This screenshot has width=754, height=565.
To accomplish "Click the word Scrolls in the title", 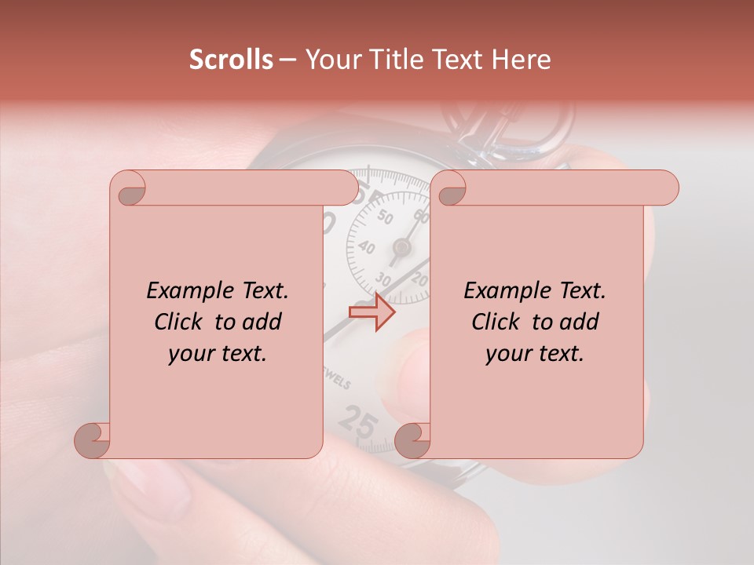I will click(x=231, y=60).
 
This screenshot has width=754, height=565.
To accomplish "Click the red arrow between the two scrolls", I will click(x=372, y=312).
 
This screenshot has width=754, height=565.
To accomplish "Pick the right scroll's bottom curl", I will click(x=414, y=439).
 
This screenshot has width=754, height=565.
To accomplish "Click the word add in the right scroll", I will click(x=579, y=322).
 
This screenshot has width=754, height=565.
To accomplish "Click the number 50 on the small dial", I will click(x=384, y=218).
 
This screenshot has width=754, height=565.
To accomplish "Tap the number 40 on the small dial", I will click(x=365, y=246).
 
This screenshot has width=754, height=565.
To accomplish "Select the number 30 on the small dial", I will click(x=384, y=278).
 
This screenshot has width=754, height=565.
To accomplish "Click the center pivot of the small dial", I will click(x=402, y=248).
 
